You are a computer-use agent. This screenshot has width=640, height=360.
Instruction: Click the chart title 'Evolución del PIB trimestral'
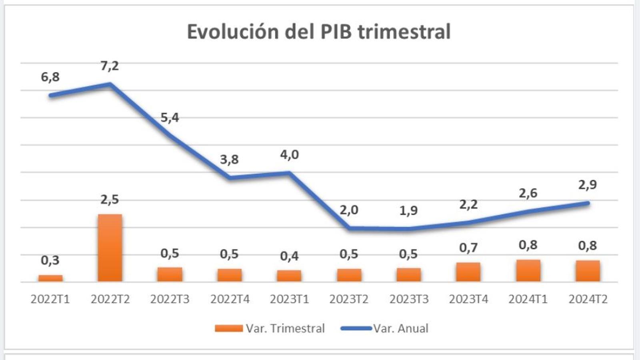pyautogui.click(x=319, y=32)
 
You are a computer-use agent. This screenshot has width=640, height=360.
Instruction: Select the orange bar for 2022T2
pyautogui.click(x=110, y=248)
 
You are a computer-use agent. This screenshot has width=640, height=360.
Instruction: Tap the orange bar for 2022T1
pyautogui.click(x=50, y=278)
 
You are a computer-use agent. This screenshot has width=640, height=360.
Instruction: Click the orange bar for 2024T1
pyautogui.click(x=528, y=271)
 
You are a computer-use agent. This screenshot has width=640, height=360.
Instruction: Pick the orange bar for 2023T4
pyautogui.click(x=468, y=272)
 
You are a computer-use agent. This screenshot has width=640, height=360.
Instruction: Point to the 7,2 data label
pyautogui.click(x=110, y=66)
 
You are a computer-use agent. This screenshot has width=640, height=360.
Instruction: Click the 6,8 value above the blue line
pyautogui.click(x=50, y=76)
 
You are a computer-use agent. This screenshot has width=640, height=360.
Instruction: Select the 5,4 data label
pyautogui.click(x=170, y=118)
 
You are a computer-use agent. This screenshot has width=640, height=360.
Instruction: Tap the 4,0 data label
pyautogui.click(x=289, y=154)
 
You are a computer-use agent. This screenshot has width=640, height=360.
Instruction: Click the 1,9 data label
pyautogui.click(x=408, y=210)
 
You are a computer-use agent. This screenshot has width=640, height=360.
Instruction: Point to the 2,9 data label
pyautogui.click(x=587, y=185)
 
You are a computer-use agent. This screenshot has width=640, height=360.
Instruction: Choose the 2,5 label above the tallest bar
pyautogui.click(x=110, y=199)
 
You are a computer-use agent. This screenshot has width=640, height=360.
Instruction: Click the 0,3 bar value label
pyautogui.click(x=50, y=260)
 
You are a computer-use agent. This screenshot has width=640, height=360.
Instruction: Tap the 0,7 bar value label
pyautogui.click(x=468, y=248)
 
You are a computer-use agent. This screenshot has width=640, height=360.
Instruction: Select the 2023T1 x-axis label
pyautogui.click(x=289, y=299)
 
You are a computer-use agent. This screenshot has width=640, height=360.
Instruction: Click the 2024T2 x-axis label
pyautogui.click(x=588, y=299)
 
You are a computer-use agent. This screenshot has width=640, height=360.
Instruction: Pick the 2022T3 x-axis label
pyautogui.click(x=170, y=299)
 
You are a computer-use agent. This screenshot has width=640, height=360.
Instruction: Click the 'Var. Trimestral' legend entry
pyautogui.click(x=285, y=328)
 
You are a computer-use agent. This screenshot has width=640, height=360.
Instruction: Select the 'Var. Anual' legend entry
pyautogui.click(x=401, y=328)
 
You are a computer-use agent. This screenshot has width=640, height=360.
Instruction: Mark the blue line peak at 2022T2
pyautogui.click(x=110, y=84)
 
